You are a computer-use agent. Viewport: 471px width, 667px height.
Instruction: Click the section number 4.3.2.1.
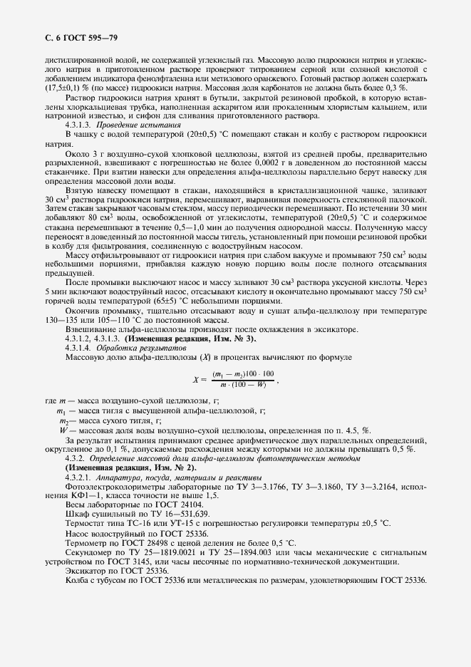click(79, 475)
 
